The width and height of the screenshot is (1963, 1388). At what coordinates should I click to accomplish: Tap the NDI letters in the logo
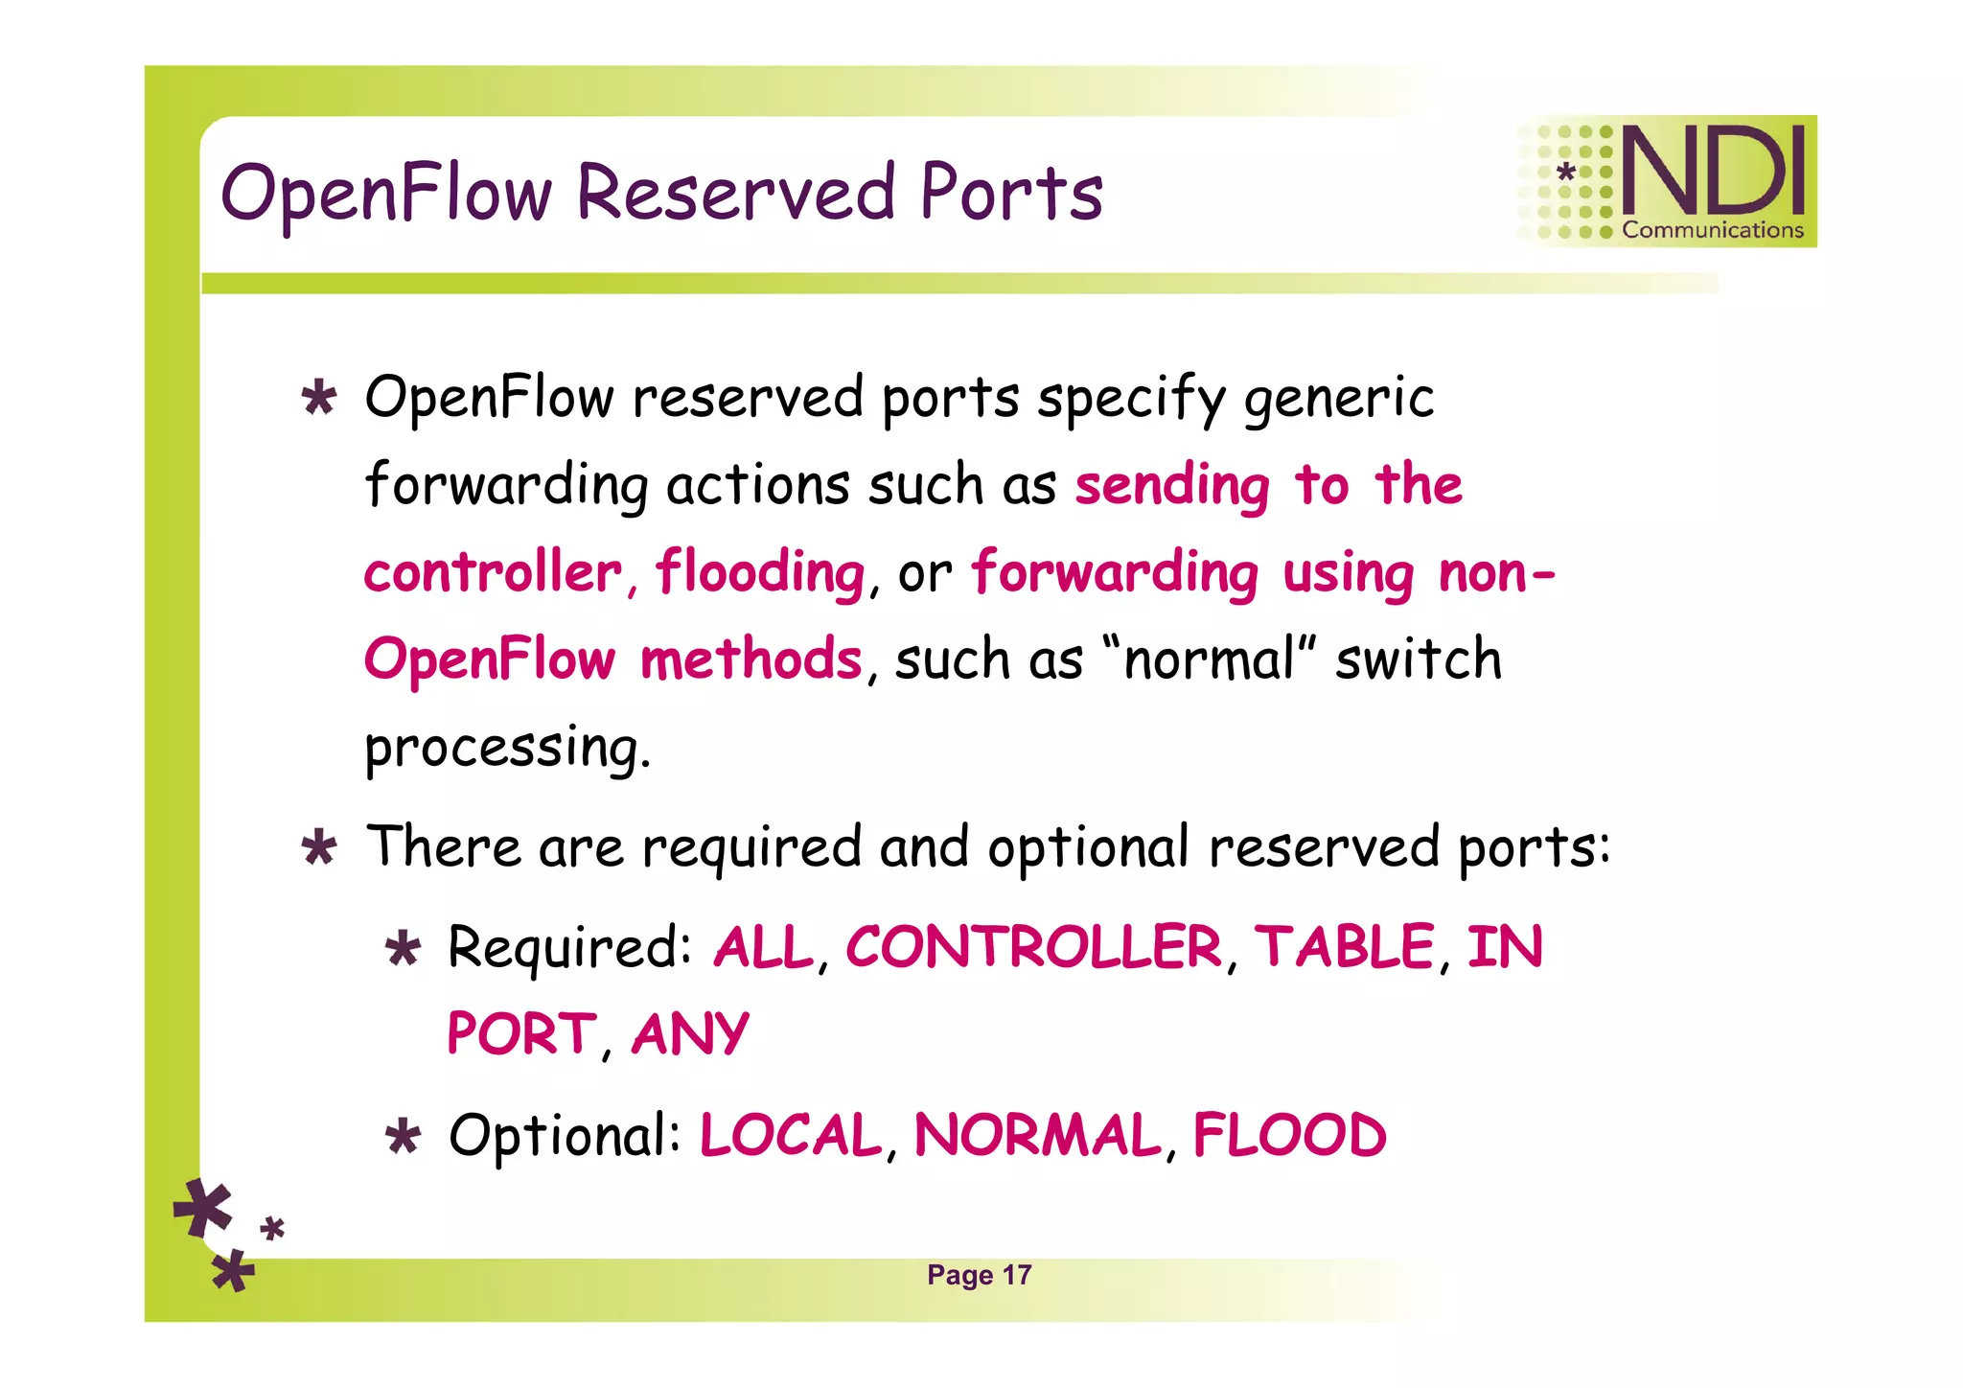click(x=1713, y=171)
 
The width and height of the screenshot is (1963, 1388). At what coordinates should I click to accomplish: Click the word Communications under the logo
click(x=1713, y=230)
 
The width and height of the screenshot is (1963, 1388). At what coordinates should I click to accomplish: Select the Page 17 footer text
click(x=979, y=1275)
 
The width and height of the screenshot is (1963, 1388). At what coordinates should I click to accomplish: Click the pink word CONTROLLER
click(x=1033, y=947)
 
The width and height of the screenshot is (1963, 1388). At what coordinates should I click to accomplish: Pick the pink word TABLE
click(x=1344, y=947)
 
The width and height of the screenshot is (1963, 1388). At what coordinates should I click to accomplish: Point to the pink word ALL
click(x=764, y=947)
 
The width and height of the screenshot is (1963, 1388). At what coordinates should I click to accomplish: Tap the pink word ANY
click(x=690, y=1034)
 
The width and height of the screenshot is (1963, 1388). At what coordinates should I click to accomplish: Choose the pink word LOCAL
click(x=791, y=1135)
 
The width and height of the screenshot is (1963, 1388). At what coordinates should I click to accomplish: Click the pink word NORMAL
click(x=1038, y=1135)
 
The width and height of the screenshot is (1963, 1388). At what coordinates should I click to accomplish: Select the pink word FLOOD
click(x=1289, y=1135)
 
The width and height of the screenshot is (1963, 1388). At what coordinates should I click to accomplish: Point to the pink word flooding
click(x=760, y=573)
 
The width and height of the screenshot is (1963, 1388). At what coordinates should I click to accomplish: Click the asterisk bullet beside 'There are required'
click(x=319, y=848)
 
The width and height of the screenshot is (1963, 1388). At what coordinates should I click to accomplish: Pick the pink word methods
click(x=751, y=660)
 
